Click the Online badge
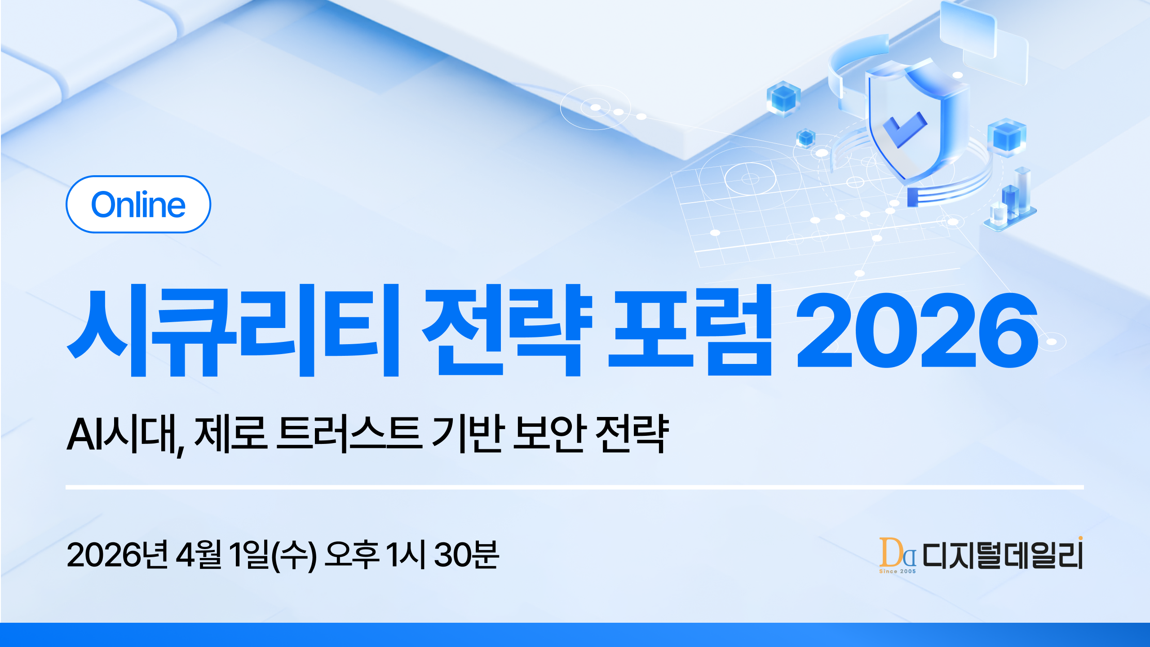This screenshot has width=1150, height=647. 138,204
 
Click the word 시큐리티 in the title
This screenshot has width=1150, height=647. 234,330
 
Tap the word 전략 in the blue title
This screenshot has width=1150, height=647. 508,330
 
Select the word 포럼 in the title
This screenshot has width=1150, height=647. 690,330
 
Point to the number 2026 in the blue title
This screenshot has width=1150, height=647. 916,330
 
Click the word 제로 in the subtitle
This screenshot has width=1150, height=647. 231,434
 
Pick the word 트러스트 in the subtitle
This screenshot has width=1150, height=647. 349,434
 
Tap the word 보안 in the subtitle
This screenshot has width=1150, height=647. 549,434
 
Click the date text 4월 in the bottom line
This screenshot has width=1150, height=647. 199,555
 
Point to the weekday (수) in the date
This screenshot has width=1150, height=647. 295,555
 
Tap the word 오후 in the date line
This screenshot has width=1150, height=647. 351,555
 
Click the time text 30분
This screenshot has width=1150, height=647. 466,555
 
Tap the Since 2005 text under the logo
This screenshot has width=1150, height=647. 897,571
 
